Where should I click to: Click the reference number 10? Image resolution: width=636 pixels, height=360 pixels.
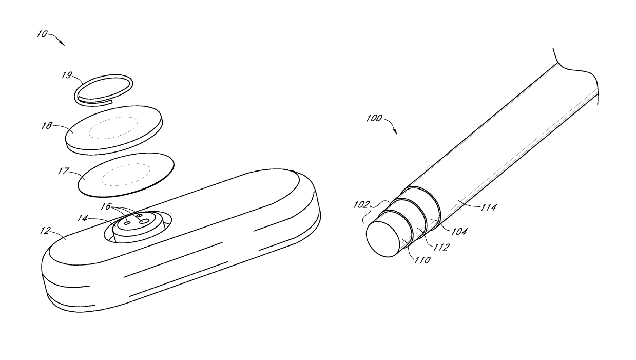pyautogui.click(x=42, y=34)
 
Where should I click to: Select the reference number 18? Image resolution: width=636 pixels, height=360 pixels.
pyautogui.click(x=46, y=125)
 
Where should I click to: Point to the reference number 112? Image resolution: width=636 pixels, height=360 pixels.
pyautogui.click(x=440, y=247)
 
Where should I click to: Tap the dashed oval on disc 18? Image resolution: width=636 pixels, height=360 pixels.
pyautogui.click(x=113, y=128)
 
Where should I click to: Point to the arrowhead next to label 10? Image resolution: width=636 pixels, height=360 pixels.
pyautogui.click(x=63, y=44)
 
